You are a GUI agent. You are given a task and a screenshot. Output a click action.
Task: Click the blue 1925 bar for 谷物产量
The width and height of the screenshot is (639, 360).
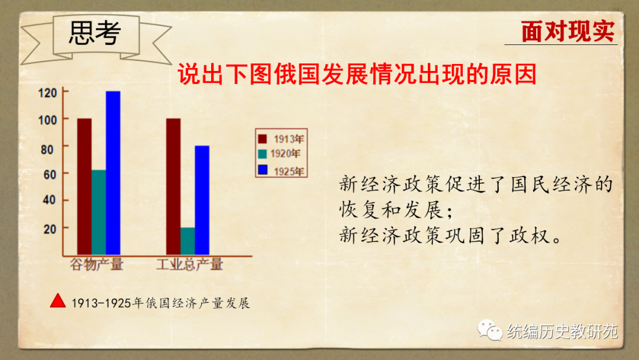pos(113,173)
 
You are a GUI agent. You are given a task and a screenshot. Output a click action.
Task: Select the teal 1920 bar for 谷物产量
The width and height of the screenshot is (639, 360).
pos(99,213)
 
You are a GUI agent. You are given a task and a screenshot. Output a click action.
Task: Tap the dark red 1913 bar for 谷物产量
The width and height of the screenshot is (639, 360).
pos(85,187)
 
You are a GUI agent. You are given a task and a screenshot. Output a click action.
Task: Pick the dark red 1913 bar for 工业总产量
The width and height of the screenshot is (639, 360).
pos(173,187)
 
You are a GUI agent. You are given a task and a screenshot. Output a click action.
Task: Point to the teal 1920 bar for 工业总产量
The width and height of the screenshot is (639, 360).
pos(188,241)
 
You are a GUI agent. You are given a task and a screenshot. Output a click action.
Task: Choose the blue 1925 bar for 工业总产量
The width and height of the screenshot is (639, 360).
pos(202,200)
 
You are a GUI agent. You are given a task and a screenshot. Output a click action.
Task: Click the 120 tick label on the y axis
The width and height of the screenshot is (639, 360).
pos(47,93)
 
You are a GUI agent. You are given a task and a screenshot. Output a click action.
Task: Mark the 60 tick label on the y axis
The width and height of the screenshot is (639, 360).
pos(50,175)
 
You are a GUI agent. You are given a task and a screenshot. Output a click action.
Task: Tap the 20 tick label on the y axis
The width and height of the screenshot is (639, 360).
pos(50,229)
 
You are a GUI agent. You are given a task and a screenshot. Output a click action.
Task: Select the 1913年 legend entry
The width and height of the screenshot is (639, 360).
pos(281,139)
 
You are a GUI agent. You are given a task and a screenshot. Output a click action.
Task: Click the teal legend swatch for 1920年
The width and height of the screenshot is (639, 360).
pos(263,154)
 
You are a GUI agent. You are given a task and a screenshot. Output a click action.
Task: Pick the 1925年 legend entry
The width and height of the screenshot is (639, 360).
pos(281,171)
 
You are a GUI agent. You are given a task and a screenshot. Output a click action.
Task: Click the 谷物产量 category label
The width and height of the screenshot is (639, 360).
pos(96,264)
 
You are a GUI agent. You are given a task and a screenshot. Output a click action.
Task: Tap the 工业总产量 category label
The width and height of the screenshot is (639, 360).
pos(190,264)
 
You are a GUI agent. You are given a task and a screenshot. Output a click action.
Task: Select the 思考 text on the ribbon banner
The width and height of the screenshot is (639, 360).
pos(95,33)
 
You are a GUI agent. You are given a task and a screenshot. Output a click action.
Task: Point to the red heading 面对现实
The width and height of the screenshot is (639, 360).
pos(567,31)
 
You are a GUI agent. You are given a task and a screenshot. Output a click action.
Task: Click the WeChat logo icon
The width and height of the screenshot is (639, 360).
pos(490,330)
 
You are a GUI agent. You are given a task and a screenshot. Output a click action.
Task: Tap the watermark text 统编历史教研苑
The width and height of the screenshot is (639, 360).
pos(563,332)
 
